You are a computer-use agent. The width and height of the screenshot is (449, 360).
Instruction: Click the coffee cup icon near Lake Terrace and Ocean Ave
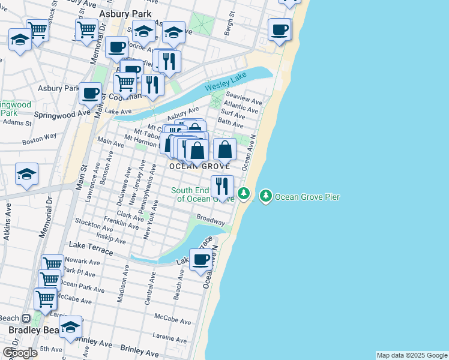click(x=201, y=260)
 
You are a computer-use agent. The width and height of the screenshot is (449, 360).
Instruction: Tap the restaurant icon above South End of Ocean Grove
click(x=222, y=186)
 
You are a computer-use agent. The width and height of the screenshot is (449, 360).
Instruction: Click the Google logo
click(x=20, y=353)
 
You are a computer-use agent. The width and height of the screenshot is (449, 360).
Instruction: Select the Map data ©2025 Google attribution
click(x=412, y=355)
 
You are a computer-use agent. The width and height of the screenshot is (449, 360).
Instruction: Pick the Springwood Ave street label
click(x=61, y=113)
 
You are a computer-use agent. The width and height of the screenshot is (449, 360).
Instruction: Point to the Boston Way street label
click(x=39, y=139)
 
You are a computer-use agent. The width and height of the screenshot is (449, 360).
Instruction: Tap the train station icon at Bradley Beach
click(x=26, y=318)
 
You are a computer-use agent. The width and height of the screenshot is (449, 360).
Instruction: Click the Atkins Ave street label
click(x=7, y=222)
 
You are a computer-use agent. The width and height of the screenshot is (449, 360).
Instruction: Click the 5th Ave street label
click(x=51, y=349)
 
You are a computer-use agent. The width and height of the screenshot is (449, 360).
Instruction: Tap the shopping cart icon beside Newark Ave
click(x=52, y=264)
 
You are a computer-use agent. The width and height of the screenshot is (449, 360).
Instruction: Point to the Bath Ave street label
click(x=231, y=124)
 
